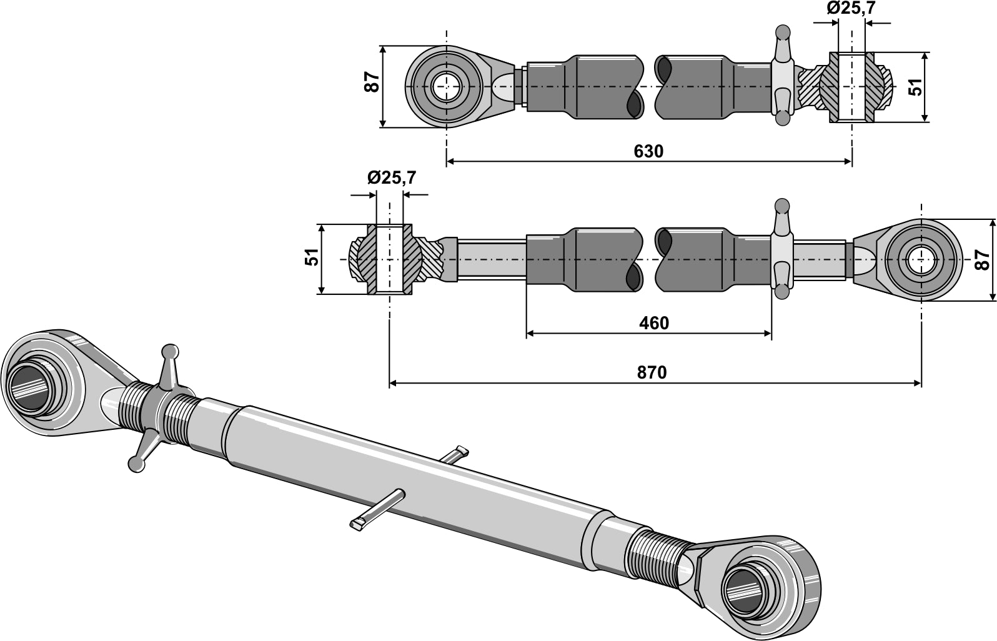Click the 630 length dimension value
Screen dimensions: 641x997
648,151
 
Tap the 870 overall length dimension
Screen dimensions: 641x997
652,373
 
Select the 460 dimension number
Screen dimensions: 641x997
654,323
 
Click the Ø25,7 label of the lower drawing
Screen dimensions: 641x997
392,178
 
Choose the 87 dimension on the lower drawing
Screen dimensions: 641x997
983,259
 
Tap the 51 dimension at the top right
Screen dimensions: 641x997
916,87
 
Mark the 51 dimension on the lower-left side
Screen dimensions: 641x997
312,257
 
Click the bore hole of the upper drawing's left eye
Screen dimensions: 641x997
446,86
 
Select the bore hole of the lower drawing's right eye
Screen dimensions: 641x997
921,259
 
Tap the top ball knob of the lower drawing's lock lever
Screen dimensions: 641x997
781,204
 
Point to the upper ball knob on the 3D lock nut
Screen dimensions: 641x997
170,352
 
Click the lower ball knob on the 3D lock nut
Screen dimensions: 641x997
134,463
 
